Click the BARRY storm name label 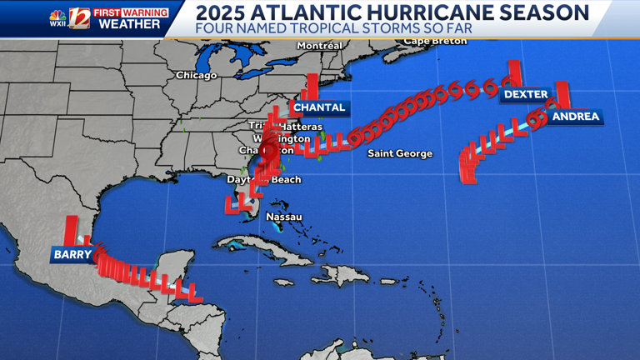point(72,254)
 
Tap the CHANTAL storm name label point(319,107)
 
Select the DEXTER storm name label point(525,95)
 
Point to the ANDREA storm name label point(575,117)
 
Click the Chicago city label point(196,75)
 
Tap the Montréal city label point(319,45)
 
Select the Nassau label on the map point(283,217)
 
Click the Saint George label point(400,153)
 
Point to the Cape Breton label point(435,41)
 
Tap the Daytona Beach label point(264,179)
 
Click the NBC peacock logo point(57,14)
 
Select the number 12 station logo point(79,18)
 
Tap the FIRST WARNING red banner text point(130,12)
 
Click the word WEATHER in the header point(130,24)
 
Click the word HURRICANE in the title point(426,12)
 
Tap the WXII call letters point(57,25)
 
